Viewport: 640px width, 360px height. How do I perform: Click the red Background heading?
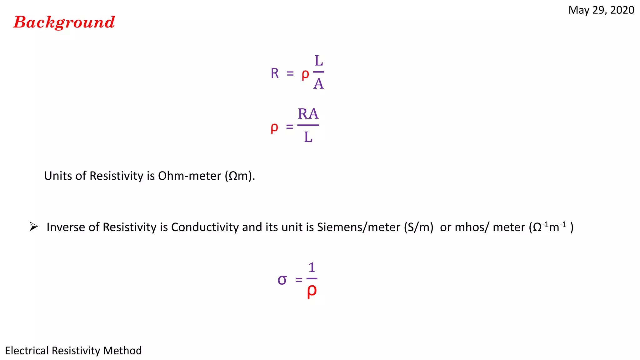(x=64, y=22)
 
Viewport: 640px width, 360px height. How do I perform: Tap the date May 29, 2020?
(x=601, y=10)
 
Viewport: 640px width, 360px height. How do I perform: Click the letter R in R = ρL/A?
(x=275, y=73)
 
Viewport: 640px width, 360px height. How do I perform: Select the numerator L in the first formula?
(x=318, y=61)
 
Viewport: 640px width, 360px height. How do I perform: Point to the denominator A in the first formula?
(x=318, y=84)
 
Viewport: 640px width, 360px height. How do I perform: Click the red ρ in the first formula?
(x=305, y=74)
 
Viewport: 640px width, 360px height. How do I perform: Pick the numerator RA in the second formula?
(x=308, y=114)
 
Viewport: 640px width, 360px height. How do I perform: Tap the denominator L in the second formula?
(x=308, y=137)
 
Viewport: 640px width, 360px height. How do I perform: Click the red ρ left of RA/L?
(x=274, y=127)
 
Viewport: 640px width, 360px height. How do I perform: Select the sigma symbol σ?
(x=282, y=280)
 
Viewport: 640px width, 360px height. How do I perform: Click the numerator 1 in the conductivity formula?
(x=312, y=267)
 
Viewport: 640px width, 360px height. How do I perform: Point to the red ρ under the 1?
(x=312, y=291)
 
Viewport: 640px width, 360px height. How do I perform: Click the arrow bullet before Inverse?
(x=33, y=227)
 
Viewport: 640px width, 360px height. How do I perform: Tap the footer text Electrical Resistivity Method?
(x=73, y=351)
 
